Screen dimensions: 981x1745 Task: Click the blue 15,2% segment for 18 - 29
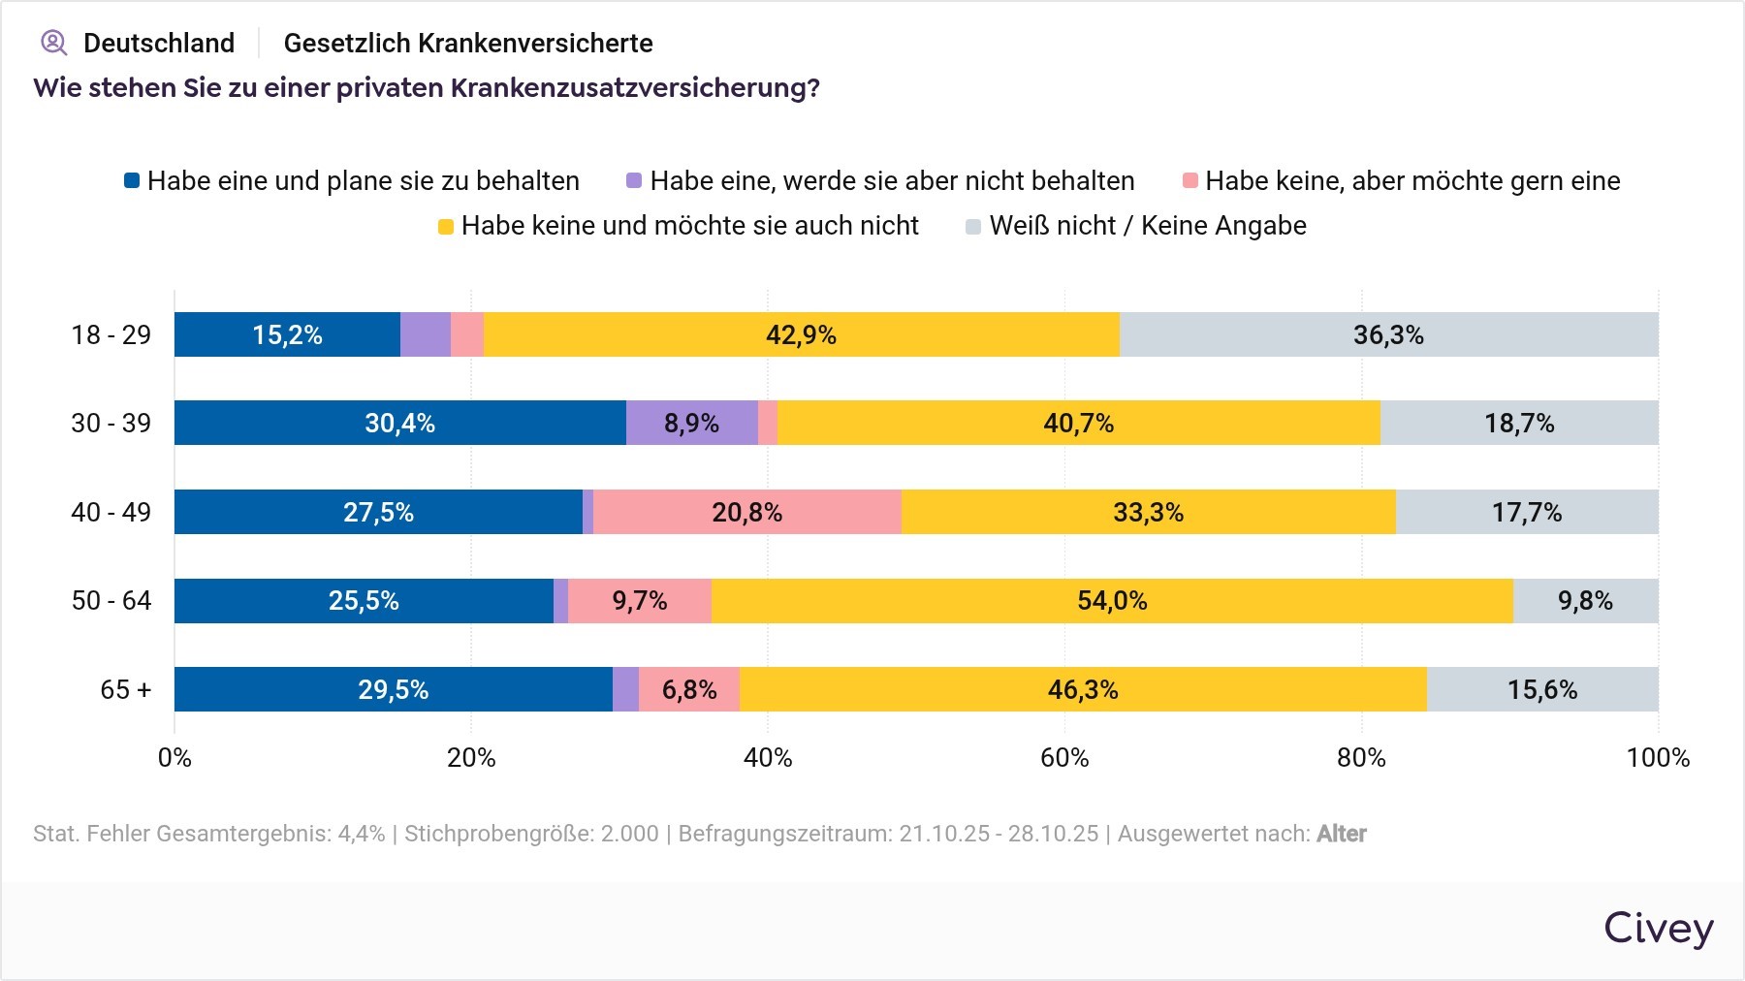coord(287,334)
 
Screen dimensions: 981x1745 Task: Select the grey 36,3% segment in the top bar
coord(1388,334)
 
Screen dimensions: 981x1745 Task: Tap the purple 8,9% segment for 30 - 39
coord(691,423)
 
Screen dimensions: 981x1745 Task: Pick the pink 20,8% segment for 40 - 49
coord(746,512)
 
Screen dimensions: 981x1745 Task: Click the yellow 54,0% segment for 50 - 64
coord(1112,601)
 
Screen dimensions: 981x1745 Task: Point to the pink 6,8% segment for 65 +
coord(688,689)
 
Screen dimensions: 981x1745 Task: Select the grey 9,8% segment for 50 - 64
coord(1585,601)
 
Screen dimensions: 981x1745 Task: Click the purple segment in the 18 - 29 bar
coord(426,334)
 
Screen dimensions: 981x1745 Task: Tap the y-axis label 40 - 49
coord(111,512)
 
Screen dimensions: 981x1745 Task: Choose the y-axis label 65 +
coord(126,689)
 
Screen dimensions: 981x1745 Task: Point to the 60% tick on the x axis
coord(1064,757)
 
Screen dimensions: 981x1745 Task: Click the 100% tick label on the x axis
coord(1658,757)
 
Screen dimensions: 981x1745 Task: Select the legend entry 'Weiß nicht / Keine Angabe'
coord(1148,226)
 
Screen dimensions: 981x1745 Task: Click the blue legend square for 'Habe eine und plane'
coord(132,181)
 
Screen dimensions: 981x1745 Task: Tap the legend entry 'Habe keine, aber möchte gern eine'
coord(1412,181)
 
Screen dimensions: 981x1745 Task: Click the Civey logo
coord(1658,928)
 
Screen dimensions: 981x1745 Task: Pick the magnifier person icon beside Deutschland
coord(54,43)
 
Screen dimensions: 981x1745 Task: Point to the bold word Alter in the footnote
coord(1341,834)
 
